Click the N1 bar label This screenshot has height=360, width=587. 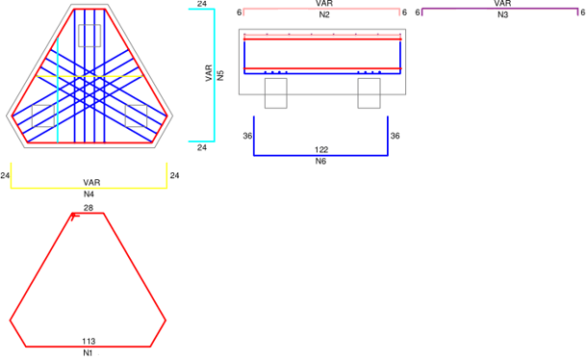pos(88,353)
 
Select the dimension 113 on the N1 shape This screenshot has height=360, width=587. pos(89,342)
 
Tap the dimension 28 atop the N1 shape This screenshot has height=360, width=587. pos(89,208)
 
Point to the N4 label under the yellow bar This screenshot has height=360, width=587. pos(89,194)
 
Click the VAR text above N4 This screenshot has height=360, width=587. pos(91,183)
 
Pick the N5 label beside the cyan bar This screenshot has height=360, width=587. pos(220,75)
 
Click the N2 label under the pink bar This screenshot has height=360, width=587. pos(324,14)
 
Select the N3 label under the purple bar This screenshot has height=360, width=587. pos(502,14)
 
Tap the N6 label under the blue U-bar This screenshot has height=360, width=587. pos(320,161)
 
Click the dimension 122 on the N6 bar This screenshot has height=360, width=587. pos(321,150)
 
